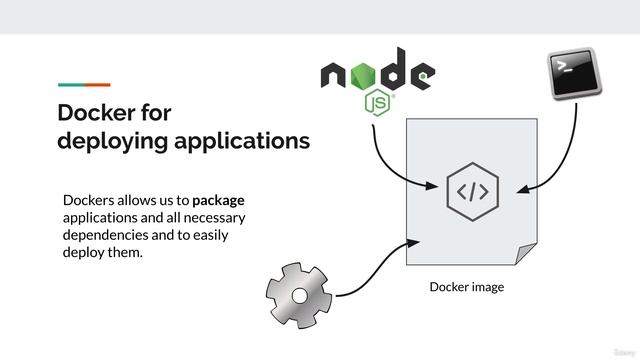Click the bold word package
point(218,199)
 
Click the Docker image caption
point(466,287)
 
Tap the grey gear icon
point(299,295)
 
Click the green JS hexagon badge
point(378,103)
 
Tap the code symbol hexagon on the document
point(472,191)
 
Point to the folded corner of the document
point(525,254)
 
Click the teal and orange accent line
point(84,84)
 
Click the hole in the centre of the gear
point(299,295)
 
